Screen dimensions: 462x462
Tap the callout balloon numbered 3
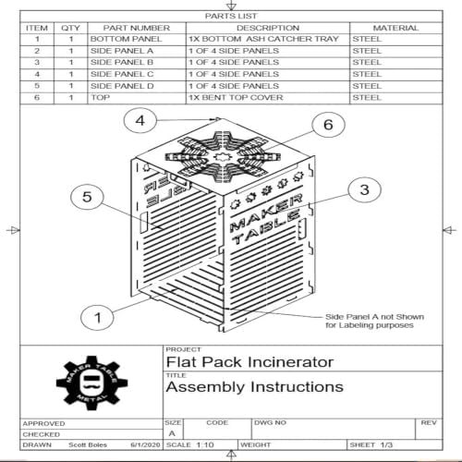pyautogui.click(x=363, y=190)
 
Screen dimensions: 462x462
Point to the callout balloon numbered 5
pyautogui.click(x=87, y=197)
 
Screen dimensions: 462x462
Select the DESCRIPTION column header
pyautogui.click(x=268, y=29)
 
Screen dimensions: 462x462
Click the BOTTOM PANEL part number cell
pyautogui.click(x=126, y=40)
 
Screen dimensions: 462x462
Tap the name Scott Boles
pyautogui.click(x=88, y=444)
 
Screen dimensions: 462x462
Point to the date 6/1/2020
pyautogui.click(x=144, y=444)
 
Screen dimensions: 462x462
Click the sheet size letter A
pyautogui.click(x=174, y=432)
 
